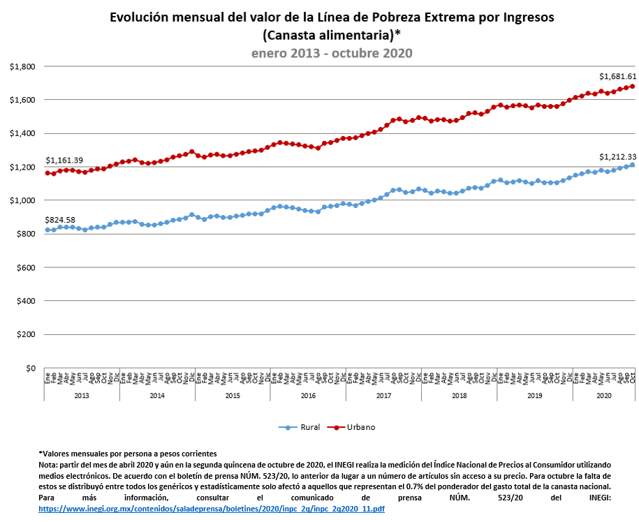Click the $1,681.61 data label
tap(617, 76)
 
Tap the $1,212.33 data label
tap(617, 157)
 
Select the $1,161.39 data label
tap(64, 161)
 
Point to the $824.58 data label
tap(60, 220)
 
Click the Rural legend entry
tap(300, 427)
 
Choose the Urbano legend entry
tap(351, 427)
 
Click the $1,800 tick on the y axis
tap(22, 66)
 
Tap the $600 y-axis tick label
tap(26, 267)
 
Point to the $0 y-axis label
tap(31, 368)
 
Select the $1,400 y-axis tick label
tap(22, 133)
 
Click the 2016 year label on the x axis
tap(308, 396)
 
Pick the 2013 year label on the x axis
tap(82, 396)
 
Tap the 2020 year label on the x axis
tap(604, 396)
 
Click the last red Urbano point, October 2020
tap(633, 87)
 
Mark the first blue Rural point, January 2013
tap(47, 230)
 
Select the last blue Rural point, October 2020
tap(633, 165)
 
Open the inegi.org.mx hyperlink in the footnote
tap(212, 509)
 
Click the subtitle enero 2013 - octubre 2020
tap(332, 53)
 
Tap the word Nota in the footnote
tap(47, 465)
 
